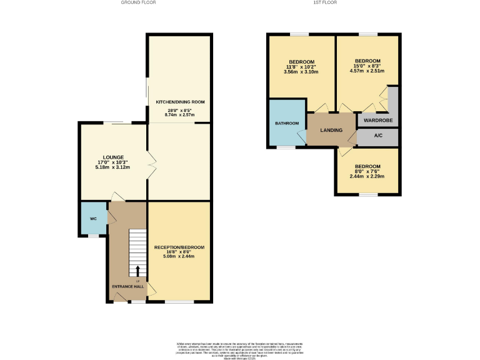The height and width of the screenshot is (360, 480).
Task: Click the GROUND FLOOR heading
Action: tap(138, 2)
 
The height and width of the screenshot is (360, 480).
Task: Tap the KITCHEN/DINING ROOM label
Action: tap(180, 102)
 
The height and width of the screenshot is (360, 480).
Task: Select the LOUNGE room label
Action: tap(113, 157)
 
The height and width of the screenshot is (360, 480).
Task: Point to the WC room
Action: tap(93, 219)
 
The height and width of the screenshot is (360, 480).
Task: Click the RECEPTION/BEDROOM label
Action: tap(179, 247)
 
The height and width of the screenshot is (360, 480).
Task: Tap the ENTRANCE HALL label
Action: tap(127, 287)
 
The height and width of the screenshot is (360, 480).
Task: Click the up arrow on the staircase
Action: tap(137, 270)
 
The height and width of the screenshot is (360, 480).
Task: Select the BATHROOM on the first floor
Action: tap(287, 123)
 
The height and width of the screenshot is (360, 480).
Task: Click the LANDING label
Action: tap(331, 129)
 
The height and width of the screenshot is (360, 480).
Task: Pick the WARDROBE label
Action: tap(377, 119)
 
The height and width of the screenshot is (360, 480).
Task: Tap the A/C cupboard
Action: tap(377, 136)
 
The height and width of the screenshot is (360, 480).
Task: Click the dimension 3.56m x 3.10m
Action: tap(301, 72)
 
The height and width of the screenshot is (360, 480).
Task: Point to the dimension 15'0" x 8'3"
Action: tap(367, 66)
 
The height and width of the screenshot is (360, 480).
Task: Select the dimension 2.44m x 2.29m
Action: tap(367, 176)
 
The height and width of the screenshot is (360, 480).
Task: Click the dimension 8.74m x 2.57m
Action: tap(180, 115)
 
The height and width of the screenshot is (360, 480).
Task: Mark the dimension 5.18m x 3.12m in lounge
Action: tap(112, 168)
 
